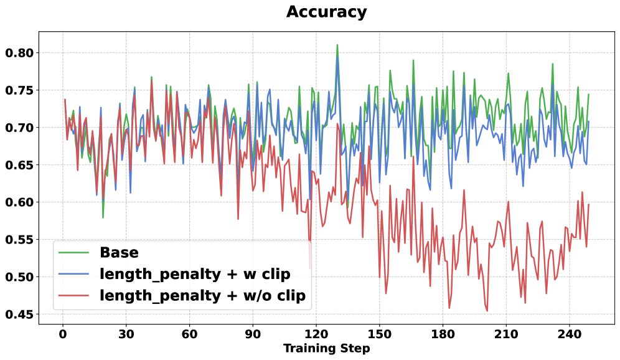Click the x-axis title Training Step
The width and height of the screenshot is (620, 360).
(x=326, y=349)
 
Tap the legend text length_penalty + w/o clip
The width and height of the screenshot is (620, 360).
(x=202, y=296)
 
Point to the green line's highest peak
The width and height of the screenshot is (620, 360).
(x=337, y=45)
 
